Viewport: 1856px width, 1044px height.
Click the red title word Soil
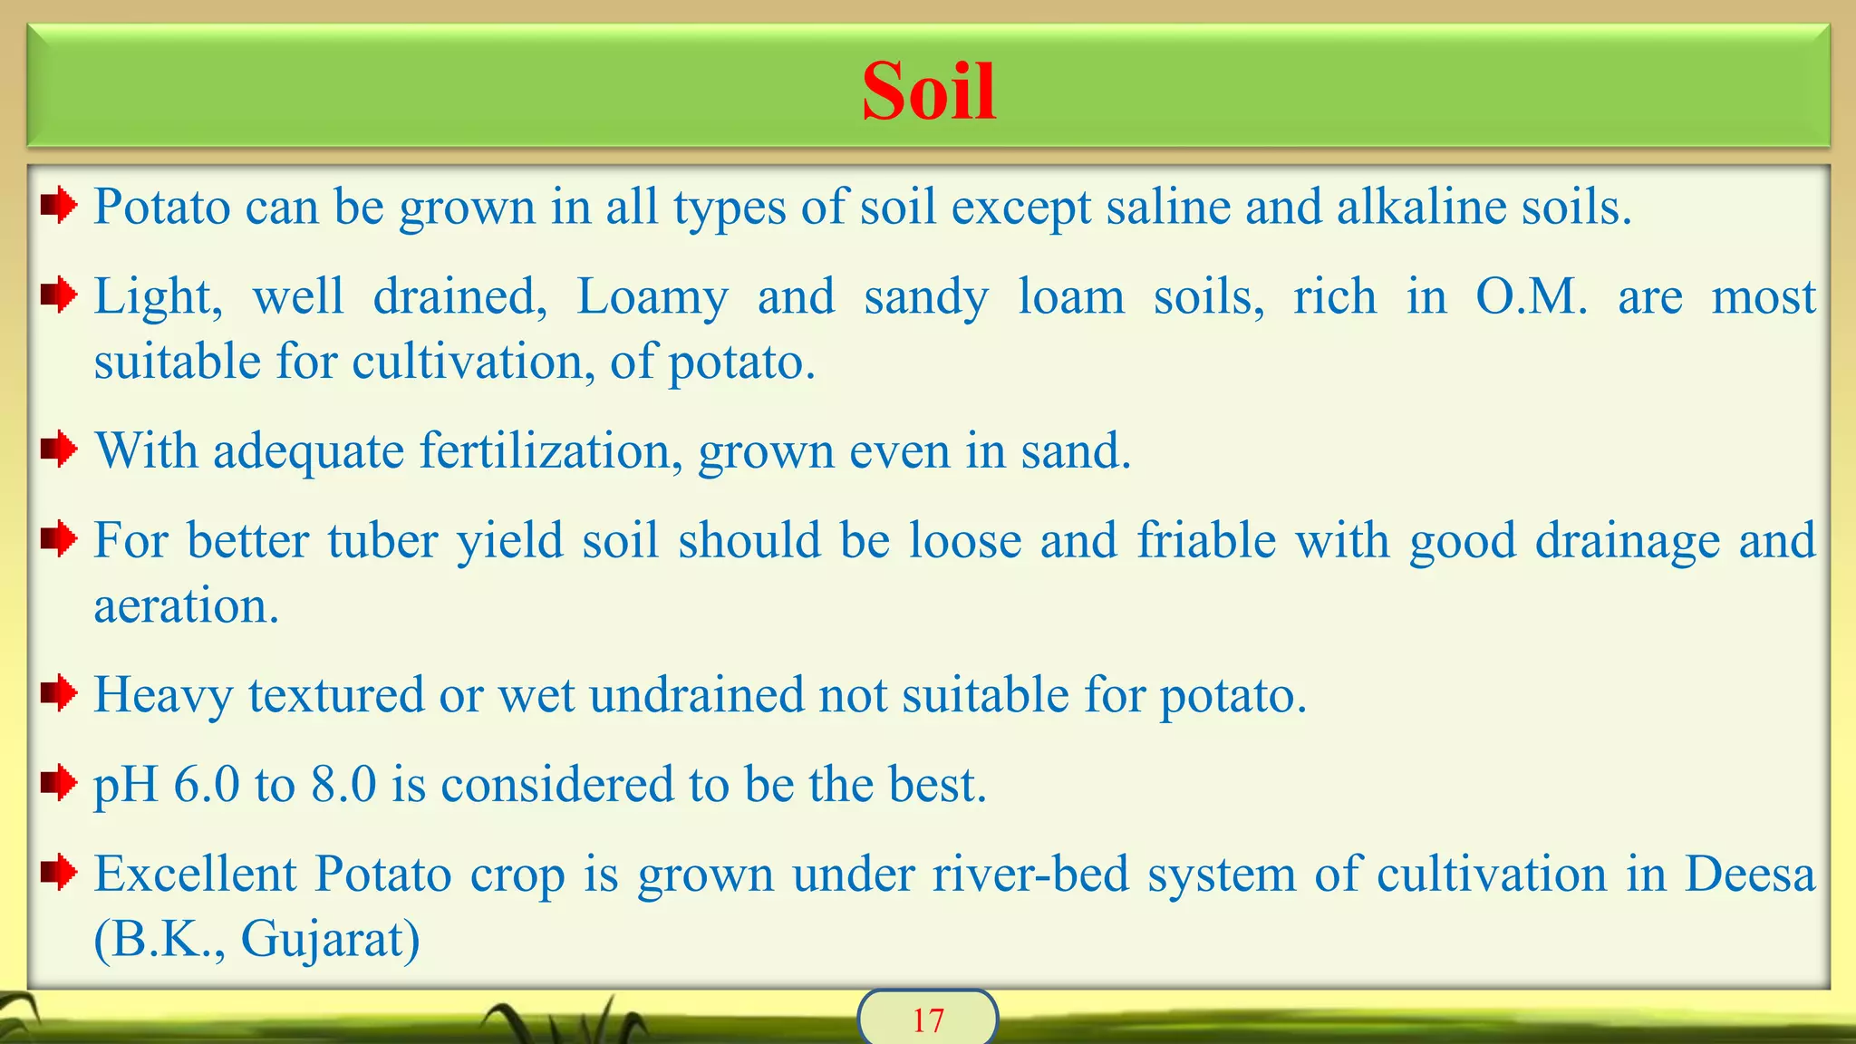pos(928,92)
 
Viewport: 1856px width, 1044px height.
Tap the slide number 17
pos(928,1020)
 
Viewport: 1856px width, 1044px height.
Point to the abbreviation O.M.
pos(1532,296)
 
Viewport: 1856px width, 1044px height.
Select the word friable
pos(1206,540)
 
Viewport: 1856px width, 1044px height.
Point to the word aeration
pos(187,605)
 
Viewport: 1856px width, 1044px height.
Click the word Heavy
pos(163,696)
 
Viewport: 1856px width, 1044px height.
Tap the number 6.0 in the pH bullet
pos(206,784)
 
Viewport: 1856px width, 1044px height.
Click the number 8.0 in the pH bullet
pos(343,784)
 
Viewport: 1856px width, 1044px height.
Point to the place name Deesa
pos(1750,875)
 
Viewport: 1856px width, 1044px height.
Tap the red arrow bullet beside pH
pos(59,782)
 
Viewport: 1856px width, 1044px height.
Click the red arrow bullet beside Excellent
pos(59,873)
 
